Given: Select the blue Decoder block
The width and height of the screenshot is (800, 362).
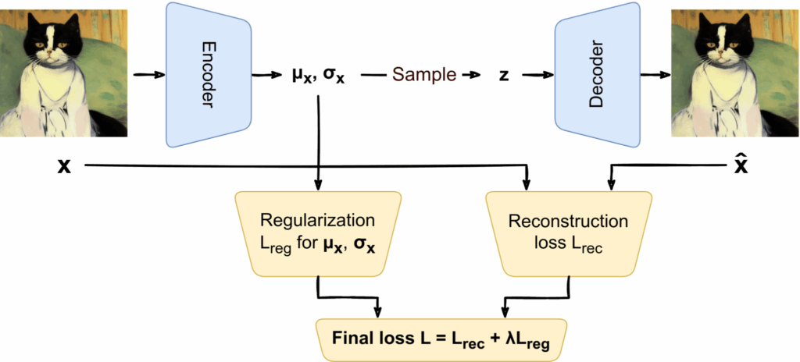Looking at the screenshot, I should click(596, 76).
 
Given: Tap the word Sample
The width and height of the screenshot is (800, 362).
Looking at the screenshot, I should click(423, 76).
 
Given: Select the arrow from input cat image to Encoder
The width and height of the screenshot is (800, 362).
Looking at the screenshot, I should click(148, 76).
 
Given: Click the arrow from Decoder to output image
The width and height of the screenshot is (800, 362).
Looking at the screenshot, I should click(655, 76).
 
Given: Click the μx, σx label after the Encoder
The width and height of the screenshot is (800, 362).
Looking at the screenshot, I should click(317, 76).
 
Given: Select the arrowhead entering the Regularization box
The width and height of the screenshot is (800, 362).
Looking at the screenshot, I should click(318, 186).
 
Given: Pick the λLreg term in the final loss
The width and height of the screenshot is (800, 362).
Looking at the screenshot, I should click(534, 339).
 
